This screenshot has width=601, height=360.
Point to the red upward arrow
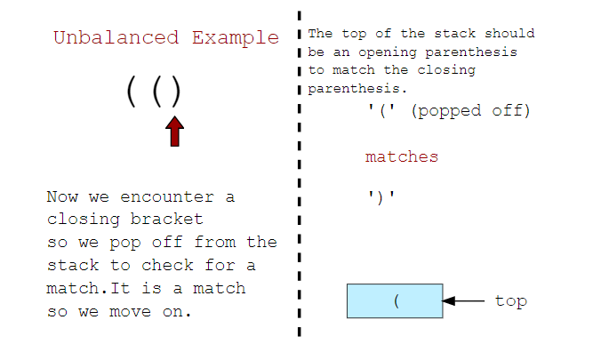click(175, 132)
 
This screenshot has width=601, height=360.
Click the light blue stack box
click(394, 300)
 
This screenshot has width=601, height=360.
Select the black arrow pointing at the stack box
click(462, 301)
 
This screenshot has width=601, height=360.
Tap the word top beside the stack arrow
click(511, 301)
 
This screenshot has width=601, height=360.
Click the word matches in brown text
click(402, 157)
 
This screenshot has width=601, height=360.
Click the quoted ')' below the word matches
click(381, 196)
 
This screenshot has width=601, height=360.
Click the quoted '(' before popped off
click(381, 111)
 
